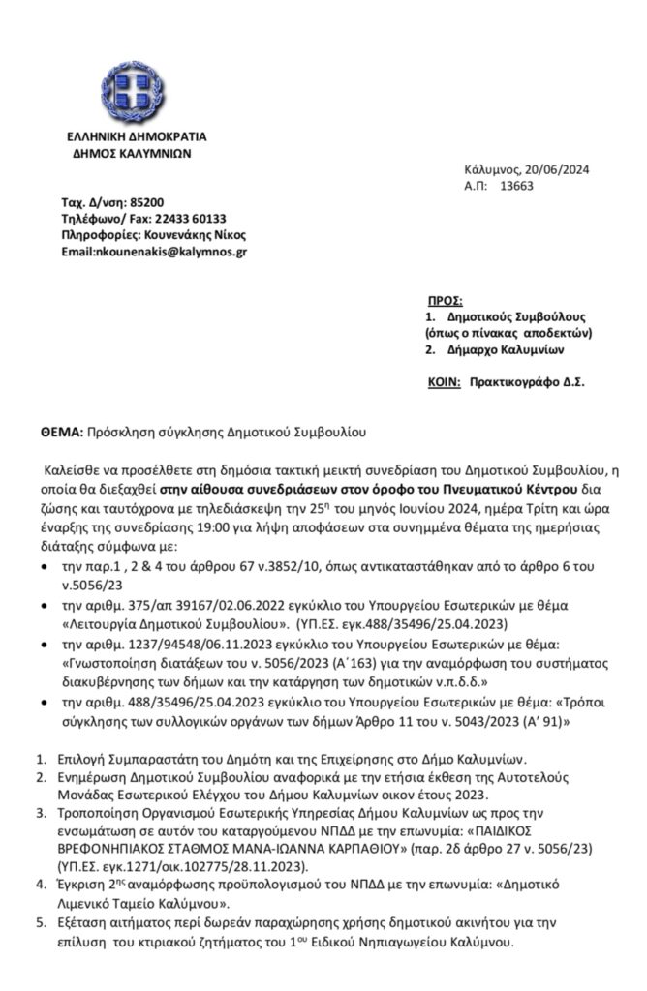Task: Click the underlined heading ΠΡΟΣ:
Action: coord(446,302)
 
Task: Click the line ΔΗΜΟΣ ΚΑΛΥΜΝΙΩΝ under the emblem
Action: coord(132,152)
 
